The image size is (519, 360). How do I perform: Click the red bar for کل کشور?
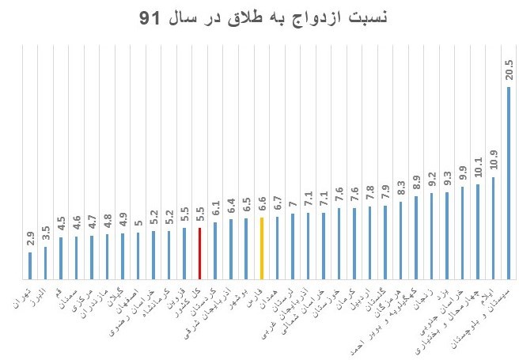tap(199, 253)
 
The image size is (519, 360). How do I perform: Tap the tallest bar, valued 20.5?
tap(508, 182)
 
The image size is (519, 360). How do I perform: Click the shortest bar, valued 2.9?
tap(30, 265)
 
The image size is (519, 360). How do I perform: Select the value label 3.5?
tap(45, 235)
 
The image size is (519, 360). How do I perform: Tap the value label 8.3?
tap(400, 188)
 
